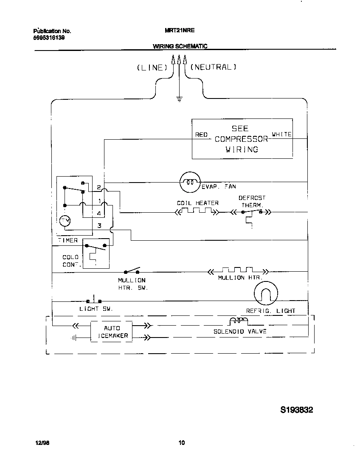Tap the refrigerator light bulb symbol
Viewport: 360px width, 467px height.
(266, 293)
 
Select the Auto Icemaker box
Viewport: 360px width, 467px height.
(112, 332)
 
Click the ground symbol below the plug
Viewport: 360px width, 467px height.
(179, 100)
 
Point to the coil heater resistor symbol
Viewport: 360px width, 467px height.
(197, 211)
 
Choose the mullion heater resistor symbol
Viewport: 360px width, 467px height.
(237, 270)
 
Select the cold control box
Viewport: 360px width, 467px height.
(96, 253)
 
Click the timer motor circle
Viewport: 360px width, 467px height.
(65, 221)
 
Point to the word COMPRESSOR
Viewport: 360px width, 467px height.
(241, 139)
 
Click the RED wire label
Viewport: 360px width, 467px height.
(201, 135)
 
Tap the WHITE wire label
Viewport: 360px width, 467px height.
(281, 134)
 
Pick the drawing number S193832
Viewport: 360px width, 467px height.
(297, 410)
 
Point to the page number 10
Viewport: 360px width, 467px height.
(181, 443)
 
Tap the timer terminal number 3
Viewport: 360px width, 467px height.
(99, 225)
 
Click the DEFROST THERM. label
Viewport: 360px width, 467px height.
(252, 201)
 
